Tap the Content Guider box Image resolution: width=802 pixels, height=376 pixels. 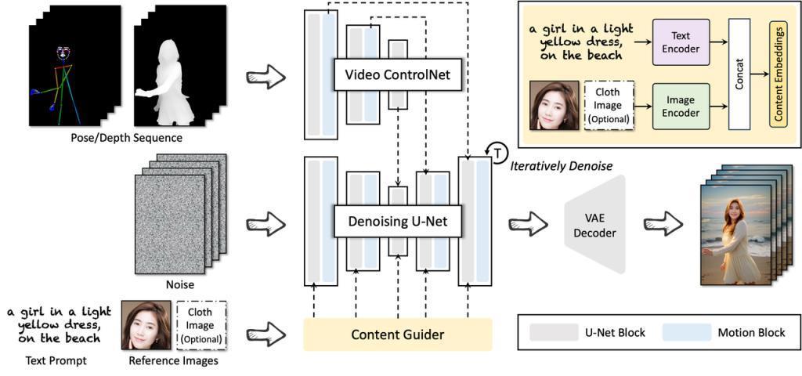[397, 334]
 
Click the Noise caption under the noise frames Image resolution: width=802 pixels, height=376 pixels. [179, 284]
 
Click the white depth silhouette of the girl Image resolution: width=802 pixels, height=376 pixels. [168, 82]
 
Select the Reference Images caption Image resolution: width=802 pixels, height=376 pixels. [173, 361]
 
